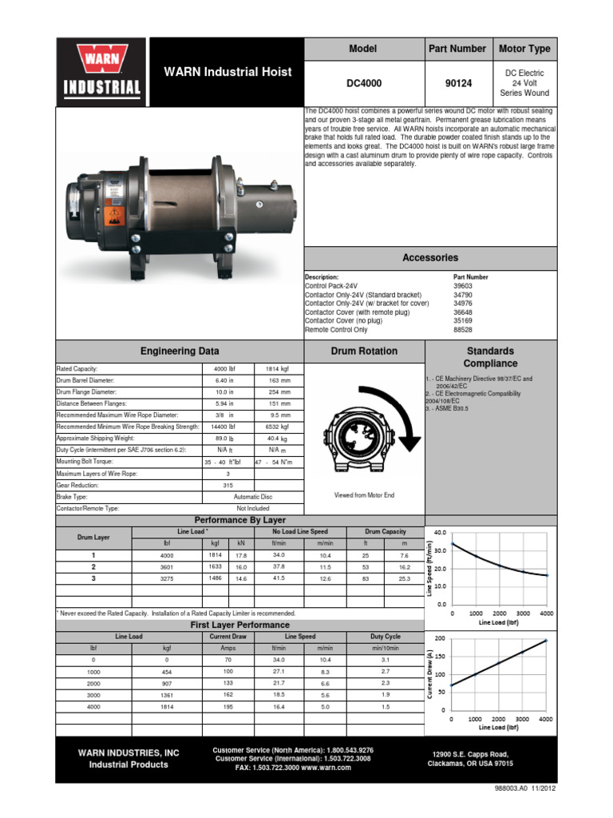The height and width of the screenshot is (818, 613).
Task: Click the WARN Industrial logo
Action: pyautogui.click(x=109, y=71)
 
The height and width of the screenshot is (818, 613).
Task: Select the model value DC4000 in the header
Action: pyautogui.click(x=363, y=82)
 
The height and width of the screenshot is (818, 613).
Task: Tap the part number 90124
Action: pyautogui.click(x=457, y=82)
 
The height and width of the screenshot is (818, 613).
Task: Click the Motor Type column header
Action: pyautogui.click(x=524, y=49)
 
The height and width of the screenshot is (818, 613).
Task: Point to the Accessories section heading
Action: pyautogui.click(x=430, y=258)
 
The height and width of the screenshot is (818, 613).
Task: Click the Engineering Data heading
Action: pyautogui.click(x=180, y=351)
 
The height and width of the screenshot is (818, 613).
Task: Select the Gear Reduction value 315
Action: pyautogui.click(x=228, y=484)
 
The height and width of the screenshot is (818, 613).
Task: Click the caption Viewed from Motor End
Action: pyautogui.click(x=364, y=495)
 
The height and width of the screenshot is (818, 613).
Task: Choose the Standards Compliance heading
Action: pyautogui.click(x=490, y=357)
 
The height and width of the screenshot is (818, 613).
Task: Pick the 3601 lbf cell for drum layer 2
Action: pyautogui.click(x=166, y=566)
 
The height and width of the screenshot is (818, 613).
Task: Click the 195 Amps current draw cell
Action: pyautogui.click(x=228, y=706)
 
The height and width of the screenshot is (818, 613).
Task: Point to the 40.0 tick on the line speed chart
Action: pyautogui.click(x=440, y=532)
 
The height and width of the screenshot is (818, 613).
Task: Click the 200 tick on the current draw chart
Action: pyautogui.click(x=440, y=638)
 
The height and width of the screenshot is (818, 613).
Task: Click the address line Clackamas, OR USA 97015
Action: pyautogui.click(x=470, y=764)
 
